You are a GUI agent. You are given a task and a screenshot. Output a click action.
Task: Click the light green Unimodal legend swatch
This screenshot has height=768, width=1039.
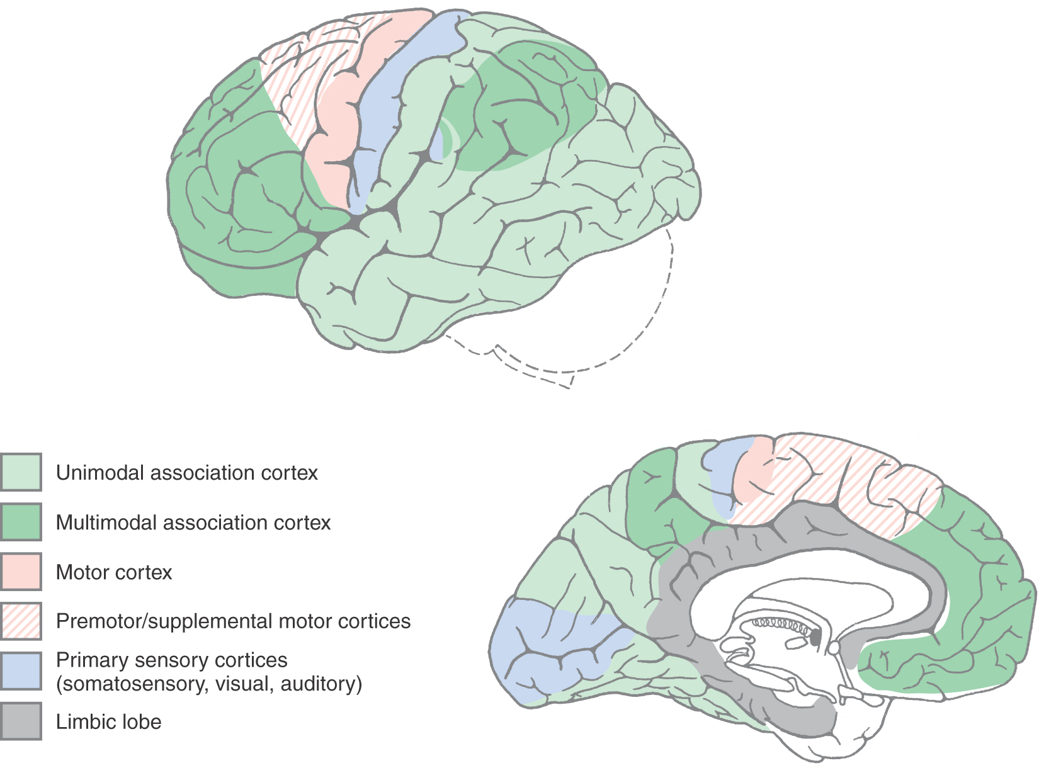coord(21,472)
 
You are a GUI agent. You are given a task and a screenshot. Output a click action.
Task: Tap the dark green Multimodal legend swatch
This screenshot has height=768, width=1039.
coord(21,522)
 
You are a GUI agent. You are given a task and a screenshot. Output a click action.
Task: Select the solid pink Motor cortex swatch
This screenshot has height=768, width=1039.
coord(21,572)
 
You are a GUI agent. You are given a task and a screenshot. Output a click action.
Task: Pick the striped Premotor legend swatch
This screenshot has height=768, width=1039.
coord(21,621)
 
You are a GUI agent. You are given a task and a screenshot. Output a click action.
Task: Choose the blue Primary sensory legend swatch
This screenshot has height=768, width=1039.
coord(21,671)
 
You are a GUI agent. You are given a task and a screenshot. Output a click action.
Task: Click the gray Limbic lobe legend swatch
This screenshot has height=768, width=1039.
coord(21,721)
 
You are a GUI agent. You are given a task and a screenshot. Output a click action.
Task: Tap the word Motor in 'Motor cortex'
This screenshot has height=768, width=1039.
coord(82,572)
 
